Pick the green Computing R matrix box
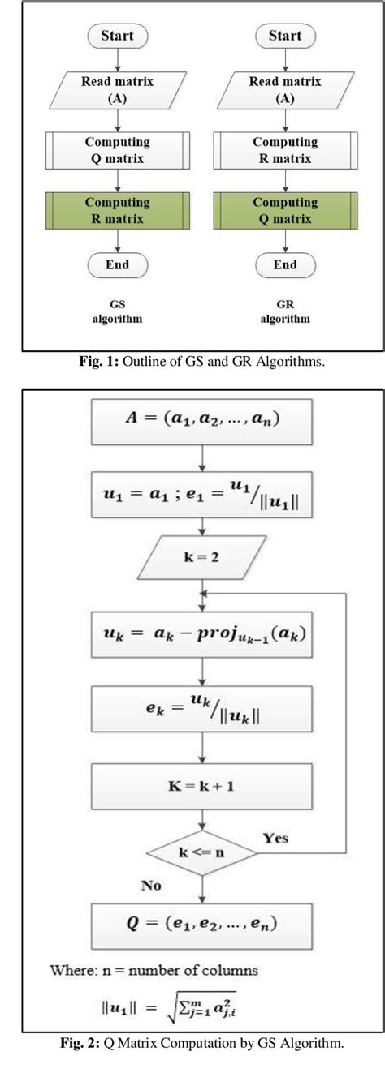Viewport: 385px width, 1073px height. pos(118,209)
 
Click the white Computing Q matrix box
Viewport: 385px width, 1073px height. pos(118,151)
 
